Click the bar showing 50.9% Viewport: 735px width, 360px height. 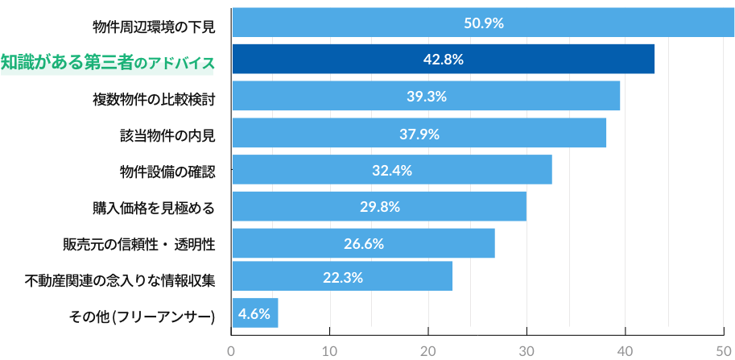(483, 23)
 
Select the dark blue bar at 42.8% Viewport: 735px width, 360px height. (443, 60)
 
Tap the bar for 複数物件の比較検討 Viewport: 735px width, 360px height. (426, 97)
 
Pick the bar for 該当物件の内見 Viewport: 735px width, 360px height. (419, 134)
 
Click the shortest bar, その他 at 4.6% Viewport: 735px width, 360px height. (254, 313)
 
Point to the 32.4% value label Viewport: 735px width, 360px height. (392, 171)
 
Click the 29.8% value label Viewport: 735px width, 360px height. (379, 207)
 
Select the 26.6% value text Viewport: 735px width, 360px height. (363, 243)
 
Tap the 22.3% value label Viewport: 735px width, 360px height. (342, 277)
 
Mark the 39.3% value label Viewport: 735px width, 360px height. (426, 97)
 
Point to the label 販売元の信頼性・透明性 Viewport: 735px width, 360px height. (138, 244)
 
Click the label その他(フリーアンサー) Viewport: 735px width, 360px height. (142, 317)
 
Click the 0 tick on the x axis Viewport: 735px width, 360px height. (231, 350)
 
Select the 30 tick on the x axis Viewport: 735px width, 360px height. (526, 350)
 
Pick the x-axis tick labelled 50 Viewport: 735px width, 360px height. (723, 350)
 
